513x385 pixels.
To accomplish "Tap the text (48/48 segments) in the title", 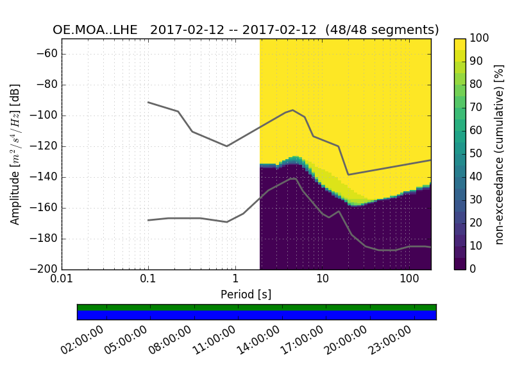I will [382, 30].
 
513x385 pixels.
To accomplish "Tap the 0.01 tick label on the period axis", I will [62, 280].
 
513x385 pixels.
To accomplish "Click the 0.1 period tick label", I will [148, 280].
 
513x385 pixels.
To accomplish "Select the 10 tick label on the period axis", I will [322, 280].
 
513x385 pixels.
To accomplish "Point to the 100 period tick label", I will [409, 280].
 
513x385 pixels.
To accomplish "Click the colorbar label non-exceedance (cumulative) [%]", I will [499, 154].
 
